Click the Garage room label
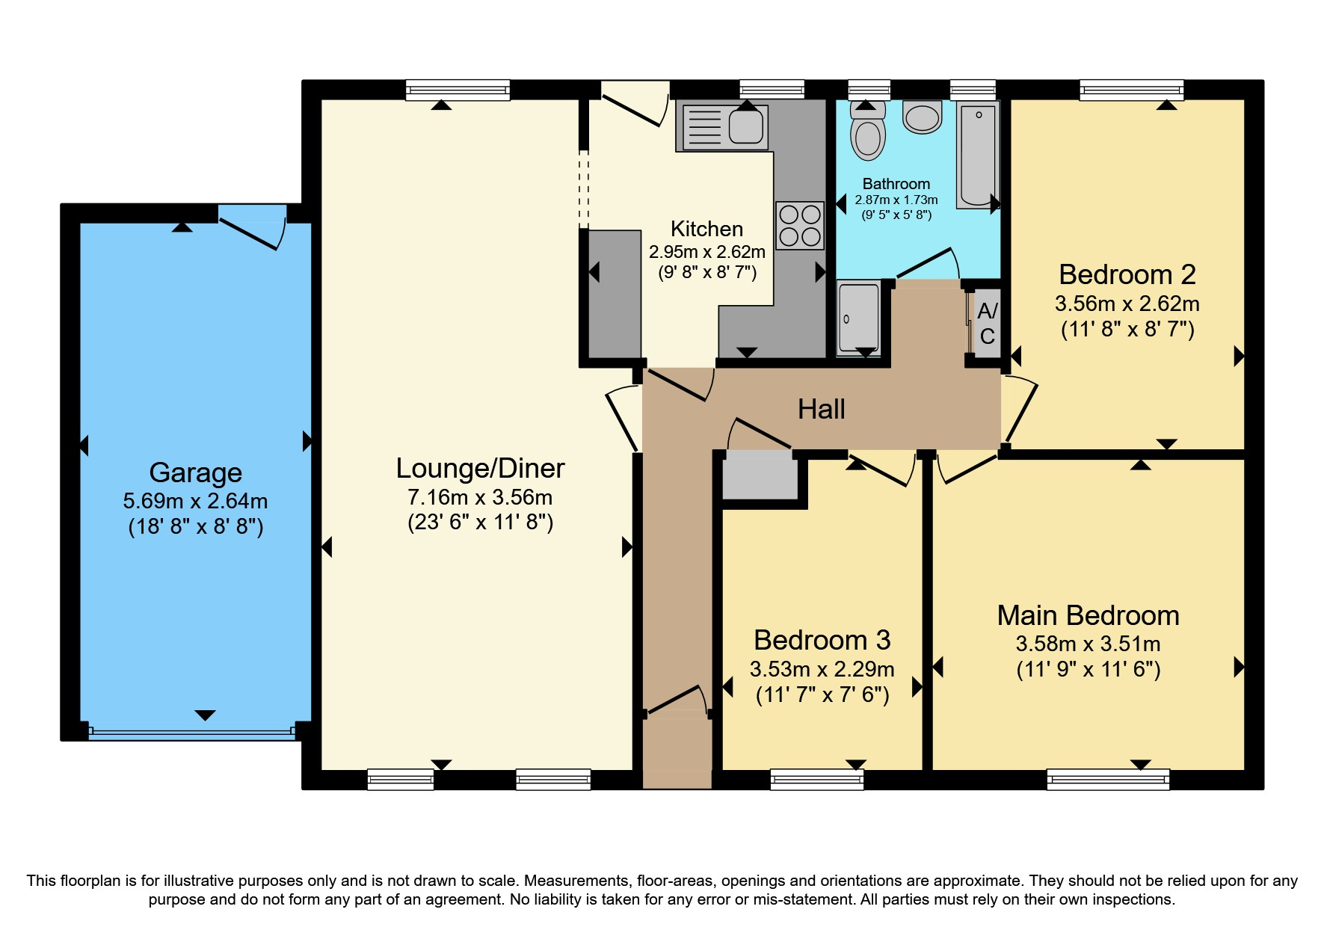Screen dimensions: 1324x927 pos(196,472)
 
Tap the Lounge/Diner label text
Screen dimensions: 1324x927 pos(480,468)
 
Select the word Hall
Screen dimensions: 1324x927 pos(821,409)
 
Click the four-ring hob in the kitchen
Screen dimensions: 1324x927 pos(800,225)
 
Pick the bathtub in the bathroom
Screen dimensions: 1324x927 pos(978,155)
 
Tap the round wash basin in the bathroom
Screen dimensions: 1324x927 pos(923,117)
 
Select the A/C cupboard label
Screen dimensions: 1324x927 pos(988,323)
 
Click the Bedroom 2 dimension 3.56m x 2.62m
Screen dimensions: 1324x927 pos(1127,304)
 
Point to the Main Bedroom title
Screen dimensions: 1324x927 pos(1089,615)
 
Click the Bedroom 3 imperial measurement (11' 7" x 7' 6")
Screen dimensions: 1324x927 pos(822,695)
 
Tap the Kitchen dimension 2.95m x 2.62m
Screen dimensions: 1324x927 pos(707,252)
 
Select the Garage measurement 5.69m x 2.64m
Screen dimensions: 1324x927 pos(196,501)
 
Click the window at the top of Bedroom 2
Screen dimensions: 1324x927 pos(1132,90)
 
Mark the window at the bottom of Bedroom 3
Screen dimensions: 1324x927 pos(817,780)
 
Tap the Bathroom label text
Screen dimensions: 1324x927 pos(896,184)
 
